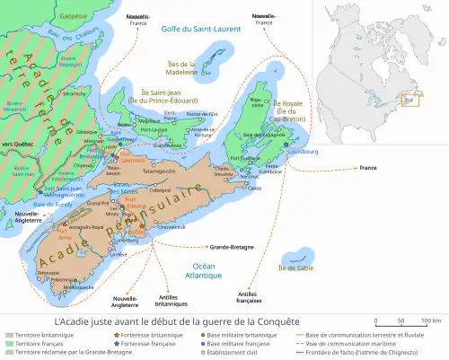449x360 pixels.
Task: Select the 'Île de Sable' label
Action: (297, 268)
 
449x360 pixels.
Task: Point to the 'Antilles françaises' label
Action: (254, 297)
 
